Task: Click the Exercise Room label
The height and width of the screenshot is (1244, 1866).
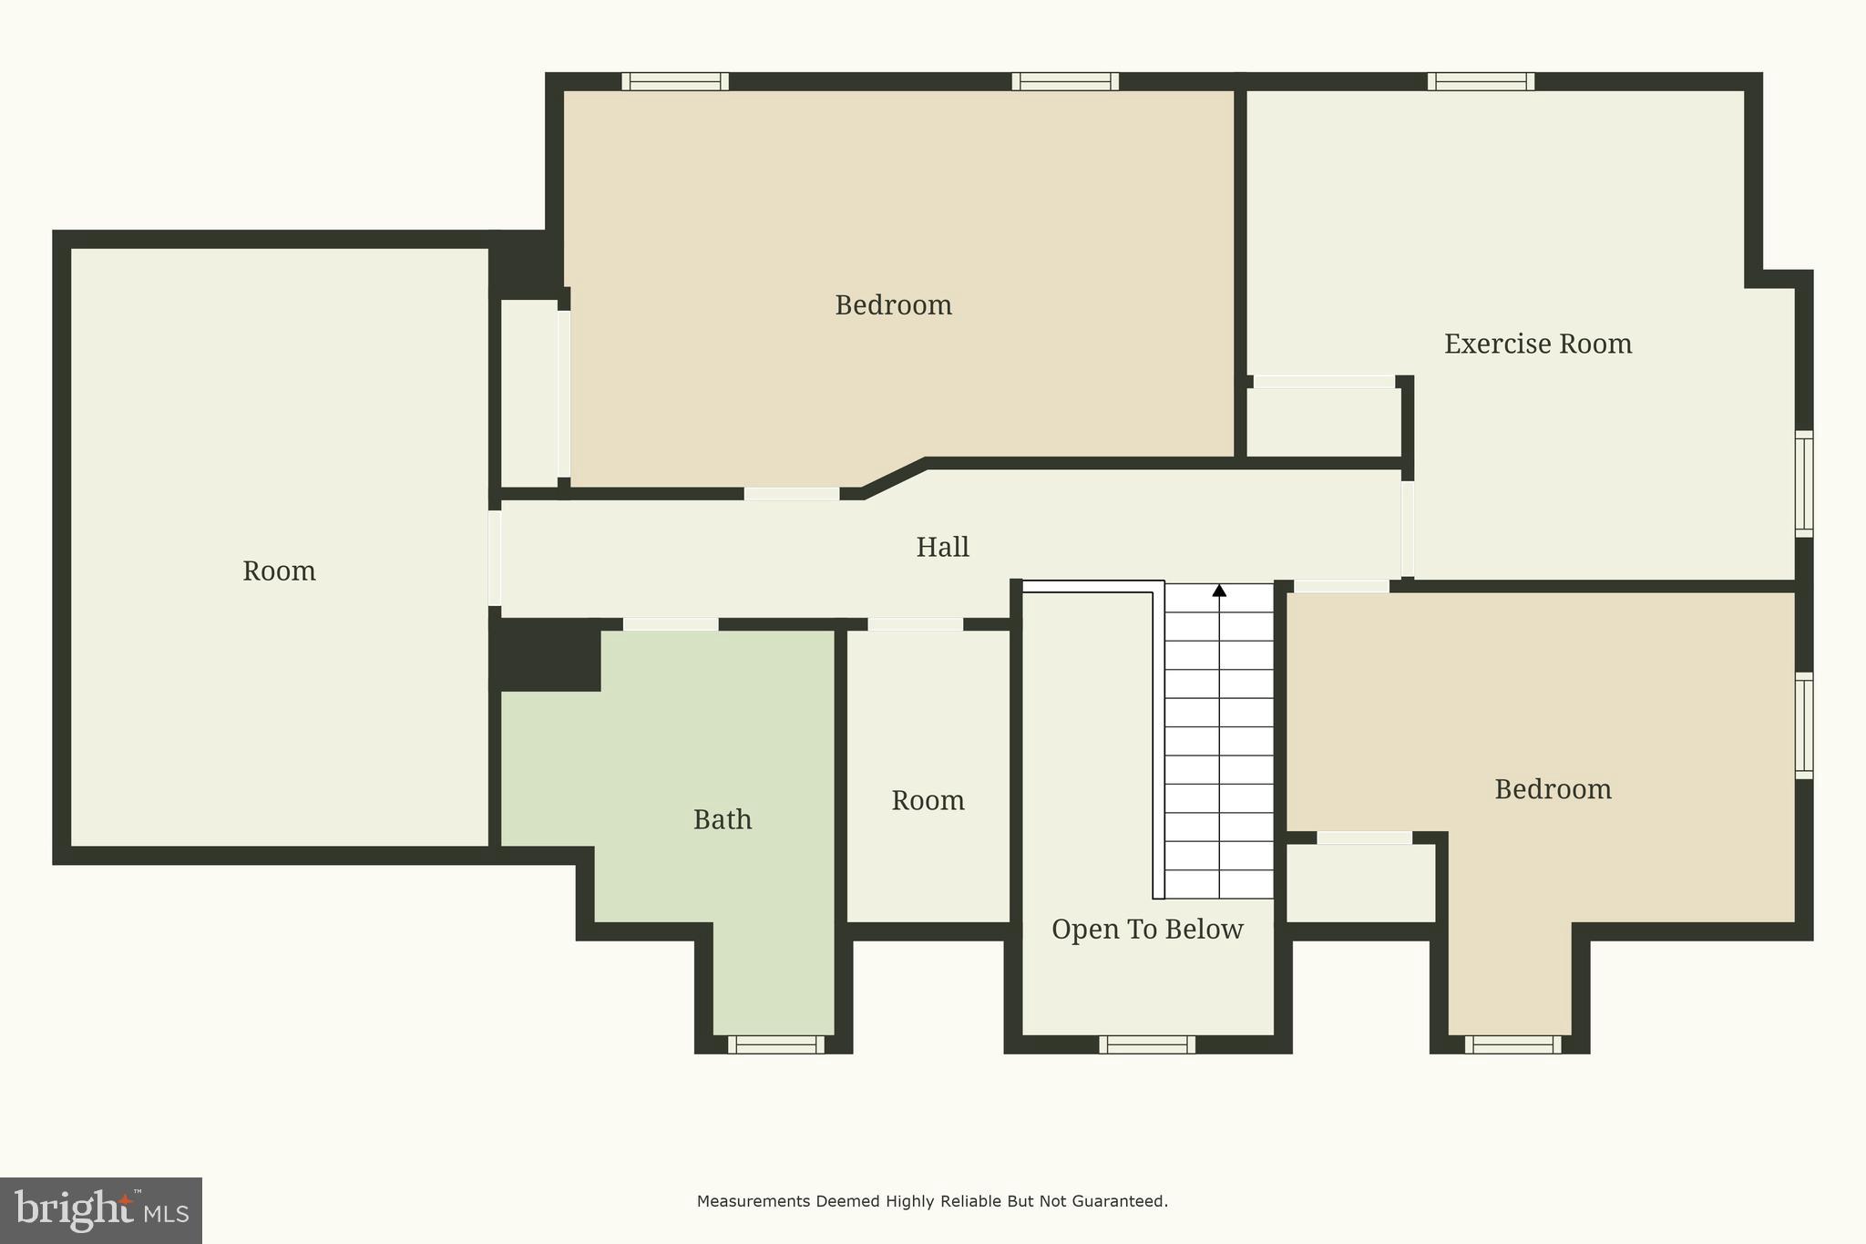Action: click(1537, 344)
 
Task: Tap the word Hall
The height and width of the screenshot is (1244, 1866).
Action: click(942, 547)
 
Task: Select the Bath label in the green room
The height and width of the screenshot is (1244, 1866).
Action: click(723, 819)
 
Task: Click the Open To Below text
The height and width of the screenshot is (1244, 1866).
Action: click(1147, 929)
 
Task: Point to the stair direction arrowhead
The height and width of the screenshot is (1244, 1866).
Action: click(1219, 591)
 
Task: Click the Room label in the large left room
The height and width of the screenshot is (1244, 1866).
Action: click(279, 571)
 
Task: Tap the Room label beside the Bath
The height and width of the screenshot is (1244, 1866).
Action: click(928, 800)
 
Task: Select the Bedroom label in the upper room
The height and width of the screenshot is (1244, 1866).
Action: click(893, 304)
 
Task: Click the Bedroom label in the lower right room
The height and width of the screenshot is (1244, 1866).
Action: click(1553, 788)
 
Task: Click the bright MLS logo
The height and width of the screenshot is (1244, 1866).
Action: click(100, 1210)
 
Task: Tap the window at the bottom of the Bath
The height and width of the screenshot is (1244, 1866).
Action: click(775, 1044)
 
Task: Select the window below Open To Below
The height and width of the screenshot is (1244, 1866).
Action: click(1147, 1044)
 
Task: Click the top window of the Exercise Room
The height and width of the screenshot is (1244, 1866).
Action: click(1481, 81)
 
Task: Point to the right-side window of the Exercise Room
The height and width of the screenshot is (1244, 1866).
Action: click(1804, 483)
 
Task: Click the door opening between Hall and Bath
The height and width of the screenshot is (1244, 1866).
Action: click(671, 624)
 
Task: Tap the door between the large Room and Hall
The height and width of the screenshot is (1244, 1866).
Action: click(495, 558)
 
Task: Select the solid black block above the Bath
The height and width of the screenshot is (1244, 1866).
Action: click(545, 654)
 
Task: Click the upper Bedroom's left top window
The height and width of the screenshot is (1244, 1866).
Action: click(675, 81)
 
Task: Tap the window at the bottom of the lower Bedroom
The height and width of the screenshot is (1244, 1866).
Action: click(1512, 1044)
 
